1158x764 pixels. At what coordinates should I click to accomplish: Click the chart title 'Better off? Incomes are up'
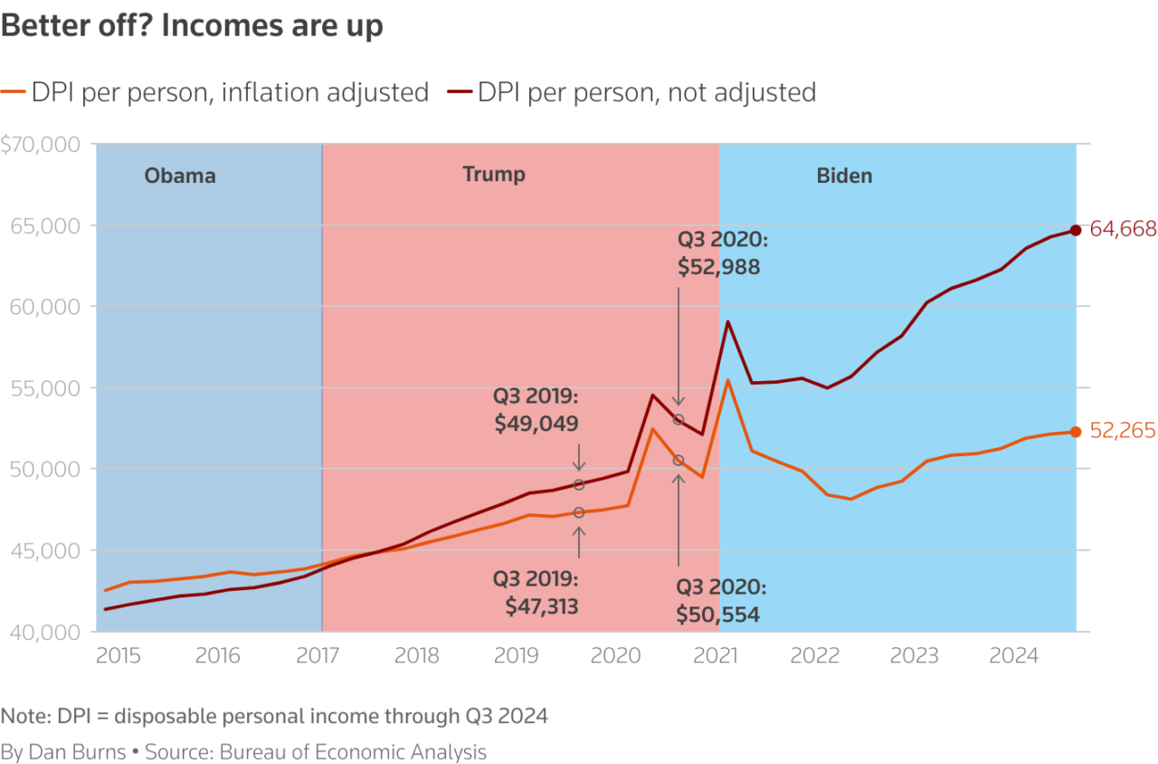coord(192,26)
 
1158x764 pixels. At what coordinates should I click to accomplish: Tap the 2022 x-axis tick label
coord(814,655)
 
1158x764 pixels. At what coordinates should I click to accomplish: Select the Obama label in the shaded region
coord(180,176)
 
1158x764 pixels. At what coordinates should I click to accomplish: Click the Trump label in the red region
coord(494,174)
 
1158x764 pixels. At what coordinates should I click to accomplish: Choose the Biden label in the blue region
coord(845,176)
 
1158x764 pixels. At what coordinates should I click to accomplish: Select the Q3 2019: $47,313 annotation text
coord(536,592)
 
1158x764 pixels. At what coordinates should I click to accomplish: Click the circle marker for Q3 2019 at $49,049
coord(579,485)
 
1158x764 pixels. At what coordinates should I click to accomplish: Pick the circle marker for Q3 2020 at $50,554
coord(679,461)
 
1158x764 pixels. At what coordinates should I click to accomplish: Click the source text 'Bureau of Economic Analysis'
coord(373,752)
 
